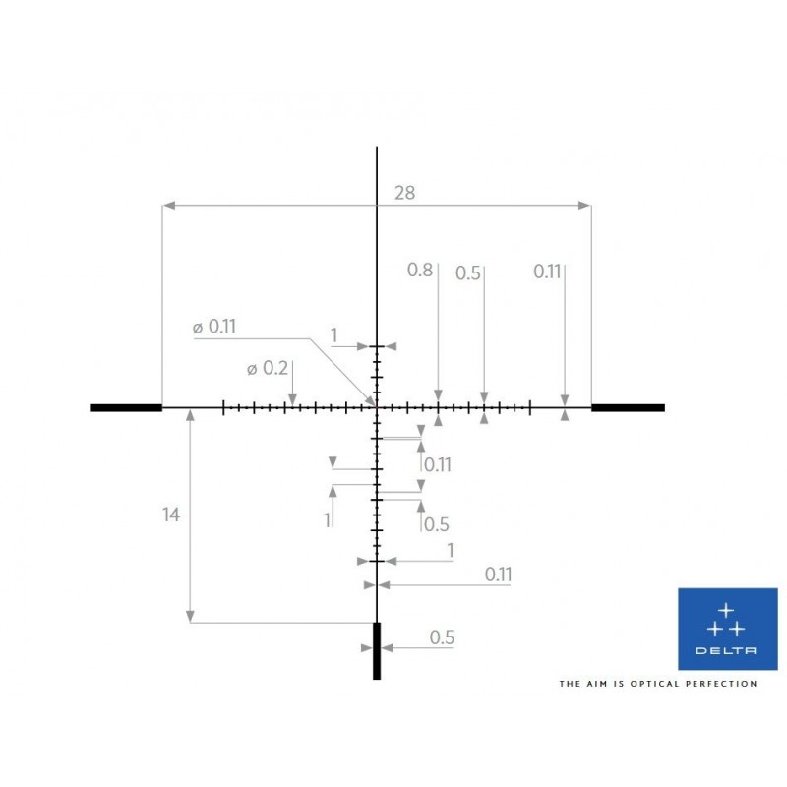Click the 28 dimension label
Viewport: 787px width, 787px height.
(x=404, y=193)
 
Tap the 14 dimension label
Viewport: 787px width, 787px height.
(x=170, y=515)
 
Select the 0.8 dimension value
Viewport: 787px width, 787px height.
(x=420, y=270)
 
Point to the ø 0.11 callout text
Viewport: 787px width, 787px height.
(x=214, y=327)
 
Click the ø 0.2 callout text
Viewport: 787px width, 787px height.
(x=268, y=369)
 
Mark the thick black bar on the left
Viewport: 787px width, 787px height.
(x=126, y=407)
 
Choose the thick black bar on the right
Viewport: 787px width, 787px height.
(x=628, y=407)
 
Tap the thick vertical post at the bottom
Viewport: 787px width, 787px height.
(x=377, y=651)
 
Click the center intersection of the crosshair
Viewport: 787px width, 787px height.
(x=377, y=407)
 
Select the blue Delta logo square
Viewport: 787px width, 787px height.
(x=728, y=629)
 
